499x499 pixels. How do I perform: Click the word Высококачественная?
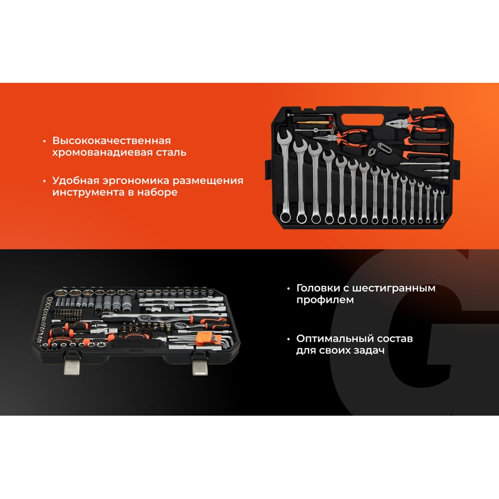(x=111, y=140)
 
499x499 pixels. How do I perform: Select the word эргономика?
(x=136, y=181)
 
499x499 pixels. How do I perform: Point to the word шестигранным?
(x=394, y=288)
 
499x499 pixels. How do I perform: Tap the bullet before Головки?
(x=288, y=289)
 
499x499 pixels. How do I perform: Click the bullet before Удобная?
(x=44, y=181)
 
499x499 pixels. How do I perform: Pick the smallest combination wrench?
(x=442, y=206)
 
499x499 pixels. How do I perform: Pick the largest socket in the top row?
(x=60, y=292)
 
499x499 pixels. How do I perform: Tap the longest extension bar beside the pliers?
(x=424, y=164)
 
